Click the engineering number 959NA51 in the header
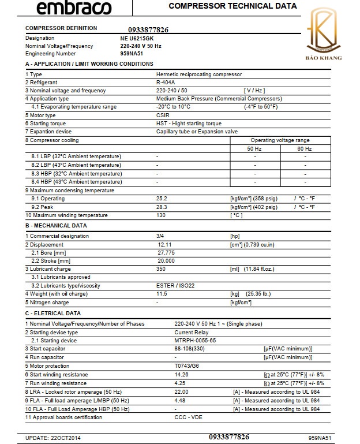[131, 53]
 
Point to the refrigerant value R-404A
[166, 83]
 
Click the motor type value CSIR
[163, 115]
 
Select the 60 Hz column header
[305, 149]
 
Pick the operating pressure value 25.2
[162, 199]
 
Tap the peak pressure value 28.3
[162, 207]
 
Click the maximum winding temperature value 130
[161, 215]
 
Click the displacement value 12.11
[166, 245]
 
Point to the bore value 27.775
[166, 253]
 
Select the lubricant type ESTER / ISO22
[175, 286]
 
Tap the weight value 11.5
[162, 294]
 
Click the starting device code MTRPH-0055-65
[196, 341]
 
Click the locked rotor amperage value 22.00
[182, 391]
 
